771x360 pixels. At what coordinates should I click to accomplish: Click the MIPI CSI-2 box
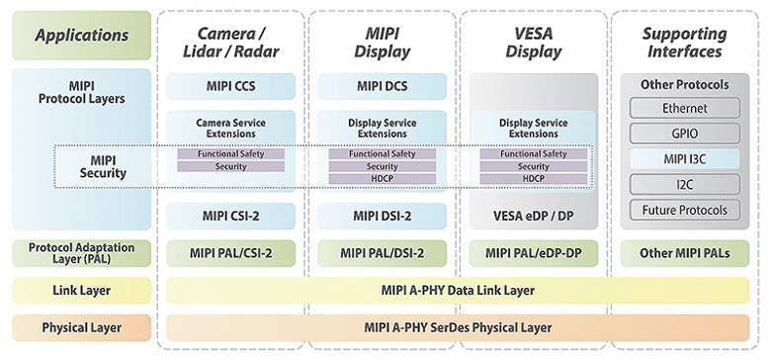229,215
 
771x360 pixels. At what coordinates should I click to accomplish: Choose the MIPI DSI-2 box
382,215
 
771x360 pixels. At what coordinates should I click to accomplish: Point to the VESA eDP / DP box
533,215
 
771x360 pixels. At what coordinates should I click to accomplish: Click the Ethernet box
685,107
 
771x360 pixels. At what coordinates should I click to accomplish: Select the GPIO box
685,133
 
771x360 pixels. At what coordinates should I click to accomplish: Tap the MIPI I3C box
685,158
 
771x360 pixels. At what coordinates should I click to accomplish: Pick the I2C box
685,184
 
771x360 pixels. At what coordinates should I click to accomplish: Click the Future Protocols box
685,210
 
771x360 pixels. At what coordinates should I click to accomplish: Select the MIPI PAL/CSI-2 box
229,253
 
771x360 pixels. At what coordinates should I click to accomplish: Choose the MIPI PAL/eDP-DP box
533,253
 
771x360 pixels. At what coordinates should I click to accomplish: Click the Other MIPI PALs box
685,253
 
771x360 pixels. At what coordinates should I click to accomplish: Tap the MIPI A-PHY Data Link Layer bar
458,290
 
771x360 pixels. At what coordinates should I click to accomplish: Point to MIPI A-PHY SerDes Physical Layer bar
458,326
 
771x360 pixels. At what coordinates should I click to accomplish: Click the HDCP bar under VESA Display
533,179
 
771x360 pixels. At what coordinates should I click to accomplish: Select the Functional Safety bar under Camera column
229,154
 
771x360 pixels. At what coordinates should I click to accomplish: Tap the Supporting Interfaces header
685,37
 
